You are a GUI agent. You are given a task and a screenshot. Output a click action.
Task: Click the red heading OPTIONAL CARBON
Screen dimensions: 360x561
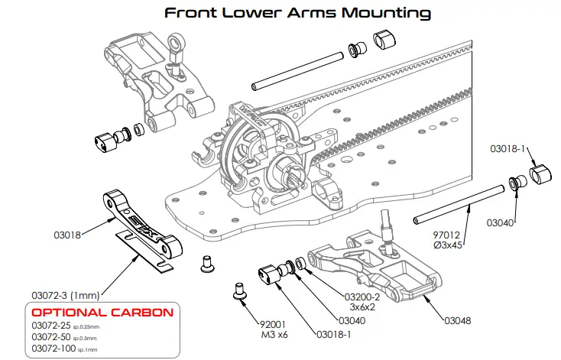[102, 313]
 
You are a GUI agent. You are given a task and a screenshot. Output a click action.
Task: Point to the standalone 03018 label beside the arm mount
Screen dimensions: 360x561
[67, 235]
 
